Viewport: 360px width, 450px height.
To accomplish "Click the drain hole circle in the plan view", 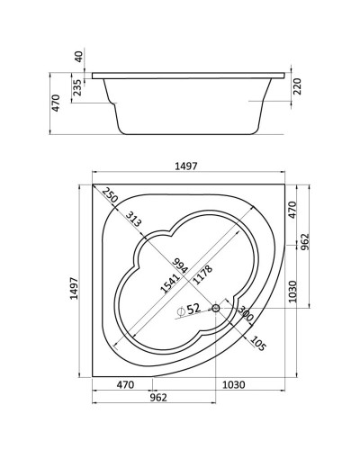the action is click(x=216, y=308).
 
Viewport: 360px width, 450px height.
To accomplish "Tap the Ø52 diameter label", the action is click(x=189, y=310).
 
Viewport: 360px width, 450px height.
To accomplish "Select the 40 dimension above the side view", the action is click(x=79, y=57).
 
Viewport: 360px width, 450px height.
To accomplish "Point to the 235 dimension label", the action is click(x=77, y=87).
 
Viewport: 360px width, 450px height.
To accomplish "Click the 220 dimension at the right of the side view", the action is click(x=297, y=86).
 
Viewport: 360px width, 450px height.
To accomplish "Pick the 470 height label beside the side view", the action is click(x=56, y=103).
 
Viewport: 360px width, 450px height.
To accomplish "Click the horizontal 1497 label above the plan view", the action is click(x=186, y=166).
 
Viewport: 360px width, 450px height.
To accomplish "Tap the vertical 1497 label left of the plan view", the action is click(x=74, y=288).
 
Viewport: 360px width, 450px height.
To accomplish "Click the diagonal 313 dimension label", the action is click(x=133, y=219).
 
